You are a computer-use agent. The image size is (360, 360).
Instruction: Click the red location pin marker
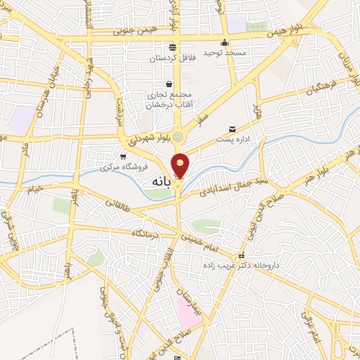pyautogui.click(x=181, y=165)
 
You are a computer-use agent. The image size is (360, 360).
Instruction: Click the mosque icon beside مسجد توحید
pyautogui.click(x=224, y=41)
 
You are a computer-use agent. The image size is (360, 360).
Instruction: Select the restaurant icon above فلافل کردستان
pyautogui.click(x=172, y=47)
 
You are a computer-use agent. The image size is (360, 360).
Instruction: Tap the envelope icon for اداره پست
pyautogui.click(x=232, y=129)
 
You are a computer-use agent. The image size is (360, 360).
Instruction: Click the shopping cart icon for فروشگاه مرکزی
pyautogui.click(x=123, y=157)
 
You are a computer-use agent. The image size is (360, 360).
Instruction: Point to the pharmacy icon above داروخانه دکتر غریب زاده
pyautogui.click(x=242, y=255)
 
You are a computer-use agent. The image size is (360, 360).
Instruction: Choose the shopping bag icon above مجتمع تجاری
pyautogui.click(x=169, y=84)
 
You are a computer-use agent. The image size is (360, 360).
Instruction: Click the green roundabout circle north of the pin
pyautogui.click(x=179, y=136)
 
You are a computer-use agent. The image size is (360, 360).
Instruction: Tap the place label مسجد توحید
pyautogui.click(x=223, y=53)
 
